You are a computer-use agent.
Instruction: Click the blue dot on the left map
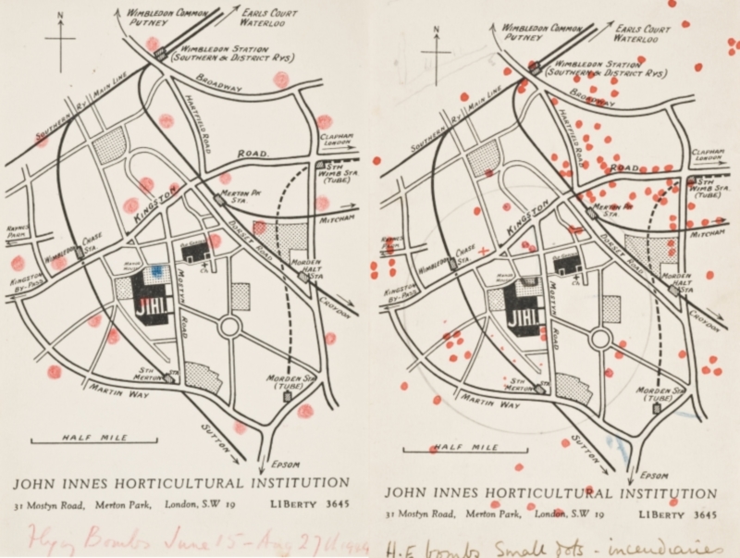click(x=157, y=270)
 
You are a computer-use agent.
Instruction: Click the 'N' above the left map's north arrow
click(x=60, y=16)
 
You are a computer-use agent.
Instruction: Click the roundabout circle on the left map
click(x=229, y=327)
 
